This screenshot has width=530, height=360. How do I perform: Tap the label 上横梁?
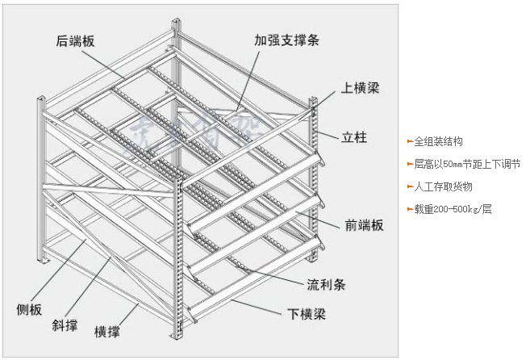click(x=359, y=88)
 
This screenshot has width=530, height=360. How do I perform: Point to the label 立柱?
click(x=355, y=138)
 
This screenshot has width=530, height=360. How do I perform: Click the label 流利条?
click(x=326, y=284)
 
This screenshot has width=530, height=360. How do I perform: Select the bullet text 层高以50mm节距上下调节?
click(x=467, y=164)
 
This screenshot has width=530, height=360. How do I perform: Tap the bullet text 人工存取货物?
click(x=443, y=186)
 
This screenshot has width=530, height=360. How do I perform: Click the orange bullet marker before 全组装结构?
click(x=410, y=141)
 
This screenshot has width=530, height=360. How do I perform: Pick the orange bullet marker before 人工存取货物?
click(x=410, y=186)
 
